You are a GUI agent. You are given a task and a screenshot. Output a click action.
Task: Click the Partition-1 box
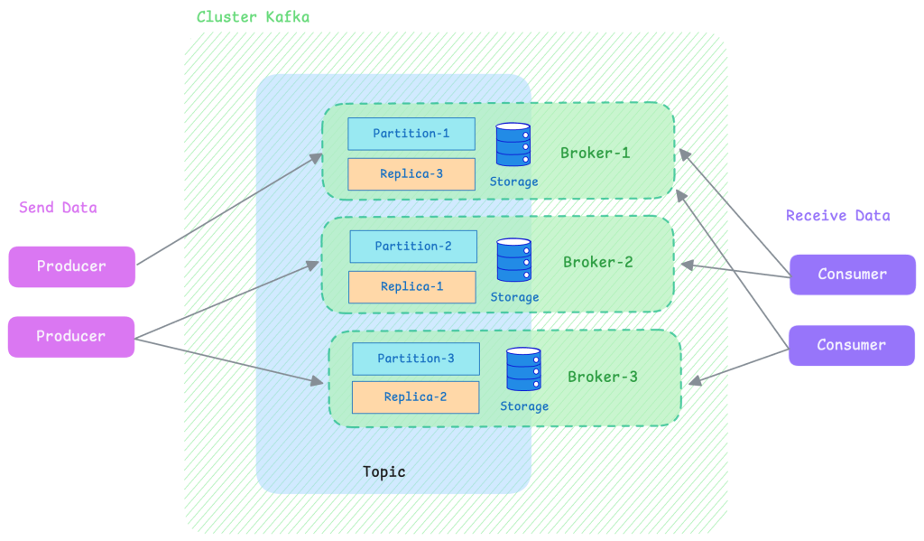coord(411,134)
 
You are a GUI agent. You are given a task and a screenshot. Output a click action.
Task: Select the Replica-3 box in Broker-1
coord(411,174)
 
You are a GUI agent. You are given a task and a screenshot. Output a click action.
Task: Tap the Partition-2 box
coord(413,247)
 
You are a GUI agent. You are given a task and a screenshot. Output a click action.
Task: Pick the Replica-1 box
coord(411,287)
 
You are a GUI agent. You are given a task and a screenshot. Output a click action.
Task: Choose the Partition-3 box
coord(416,359)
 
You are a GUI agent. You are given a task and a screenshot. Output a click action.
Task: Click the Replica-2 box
coord(415,397)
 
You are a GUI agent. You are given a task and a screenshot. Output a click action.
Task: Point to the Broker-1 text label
coord(596,154)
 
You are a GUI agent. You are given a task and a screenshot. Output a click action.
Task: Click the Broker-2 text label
coord(598,262)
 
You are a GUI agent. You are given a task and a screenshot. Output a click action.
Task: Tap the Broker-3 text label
coord(603,377)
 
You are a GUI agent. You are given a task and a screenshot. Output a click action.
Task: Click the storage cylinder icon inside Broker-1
coord(513,145)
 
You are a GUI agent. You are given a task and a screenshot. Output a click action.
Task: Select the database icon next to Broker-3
coord(523,369)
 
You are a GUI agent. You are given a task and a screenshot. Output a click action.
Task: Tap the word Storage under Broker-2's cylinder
coord(514,297)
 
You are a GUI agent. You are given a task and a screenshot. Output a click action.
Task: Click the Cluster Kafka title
coord(253,17)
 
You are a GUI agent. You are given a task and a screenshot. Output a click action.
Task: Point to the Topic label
coord(384,472)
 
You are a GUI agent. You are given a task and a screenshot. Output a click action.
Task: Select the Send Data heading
coord(58,208)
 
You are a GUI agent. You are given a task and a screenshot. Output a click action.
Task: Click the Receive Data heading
coord(838,216)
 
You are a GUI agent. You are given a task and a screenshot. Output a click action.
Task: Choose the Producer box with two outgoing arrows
coord(71,337)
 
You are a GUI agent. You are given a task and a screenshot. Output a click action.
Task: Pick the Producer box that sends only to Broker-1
coord(72,266)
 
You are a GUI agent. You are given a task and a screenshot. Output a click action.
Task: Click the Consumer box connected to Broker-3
coord(852,345)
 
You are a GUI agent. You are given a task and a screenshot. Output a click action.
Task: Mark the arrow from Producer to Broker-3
coord(229,361)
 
